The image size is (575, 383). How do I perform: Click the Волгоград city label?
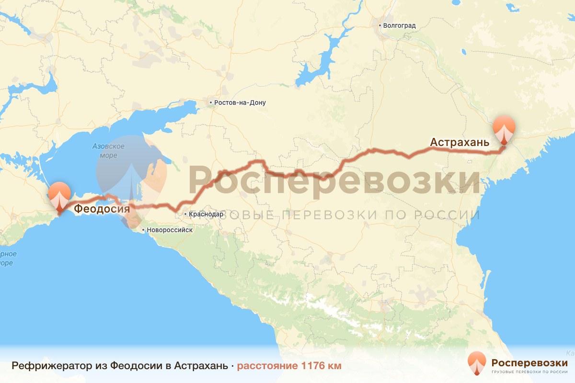(399, 25)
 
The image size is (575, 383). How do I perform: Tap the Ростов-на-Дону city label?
(240, 102)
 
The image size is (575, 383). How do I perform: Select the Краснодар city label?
(206, 214)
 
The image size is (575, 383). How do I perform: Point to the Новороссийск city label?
(170, 230)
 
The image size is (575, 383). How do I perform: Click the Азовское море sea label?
(109, 151)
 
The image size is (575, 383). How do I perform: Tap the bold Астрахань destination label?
(460, 142)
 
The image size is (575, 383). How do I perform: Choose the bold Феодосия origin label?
(102, 209)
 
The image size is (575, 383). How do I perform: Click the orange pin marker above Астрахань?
(505, 128)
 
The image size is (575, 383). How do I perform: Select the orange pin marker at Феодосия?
(60, 195)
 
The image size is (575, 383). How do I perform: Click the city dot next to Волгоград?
(379, 25)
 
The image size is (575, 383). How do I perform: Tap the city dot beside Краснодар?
(185, 214)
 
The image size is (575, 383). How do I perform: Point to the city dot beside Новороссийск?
(143, 230)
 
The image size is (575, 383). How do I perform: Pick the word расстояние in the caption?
(267, 366)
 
